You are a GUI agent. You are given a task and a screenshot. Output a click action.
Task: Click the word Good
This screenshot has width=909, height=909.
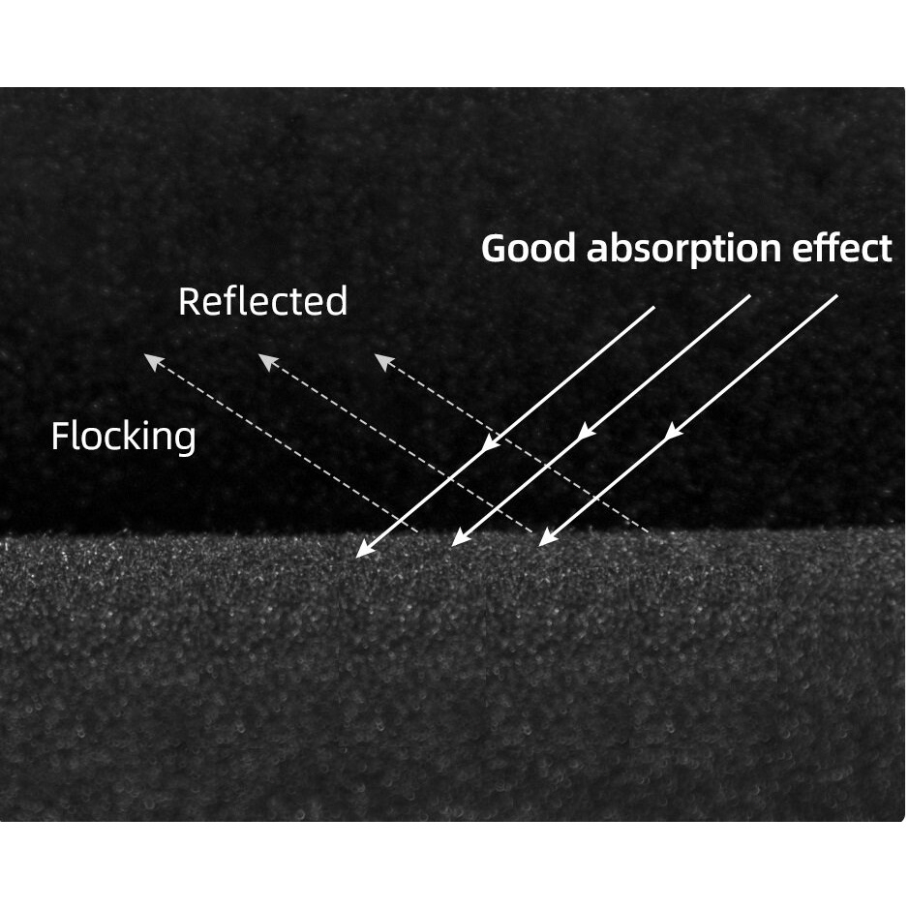click(530, 249)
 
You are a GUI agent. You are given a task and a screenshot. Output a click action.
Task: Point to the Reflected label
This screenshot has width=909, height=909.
click(262, 302)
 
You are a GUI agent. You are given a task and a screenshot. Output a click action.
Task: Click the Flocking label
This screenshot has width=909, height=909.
click(123, 437)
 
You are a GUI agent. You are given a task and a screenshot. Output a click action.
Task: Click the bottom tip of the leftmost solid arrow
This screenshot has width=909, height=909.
click(358, 556)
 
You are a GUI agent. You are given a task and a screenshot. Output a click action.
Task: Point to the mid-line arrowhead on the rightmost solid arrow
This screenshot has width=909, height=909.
click(671, 433)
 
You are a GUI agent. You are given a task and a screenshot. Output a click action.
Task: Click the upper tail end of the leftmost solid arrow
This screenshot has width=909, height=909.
click(654, 308)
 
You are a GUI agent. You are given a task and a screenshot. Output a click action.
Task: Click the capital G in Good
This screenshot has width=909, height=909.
click(495, 249)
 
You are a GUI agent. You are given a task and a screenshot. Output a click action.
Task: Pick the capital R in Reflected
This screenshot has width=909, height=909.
click(188, 302)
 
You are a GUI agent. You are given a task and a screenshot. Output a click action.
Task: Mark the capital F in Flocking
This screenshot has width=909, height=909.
click(59, 437)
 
